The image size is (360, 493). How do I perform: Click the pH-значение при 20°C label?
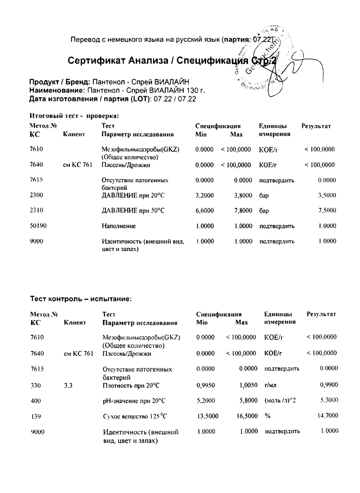pyautogui.click(x=134, y=400)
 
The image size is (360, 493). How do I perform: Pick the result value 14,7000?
pyautogui.click(x=325, y=416)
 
